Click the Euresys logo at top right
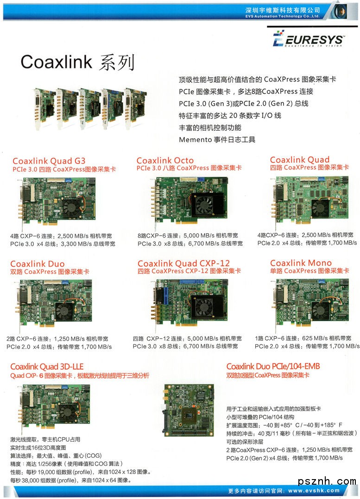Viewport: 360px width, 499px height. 308,38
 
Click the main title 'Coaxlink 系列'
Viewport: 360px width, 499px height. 78,62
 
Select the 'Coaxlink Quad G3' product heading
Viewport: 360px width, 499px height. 49,161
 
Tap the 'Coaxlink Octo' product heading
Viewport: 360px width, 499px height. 165,160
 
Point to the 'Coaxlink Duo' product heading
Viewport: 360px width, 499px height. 38,263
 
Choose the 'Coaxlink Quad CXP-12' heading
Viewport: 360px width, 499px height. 183,263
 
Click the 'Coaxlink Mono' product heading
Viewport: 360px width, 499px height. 301,263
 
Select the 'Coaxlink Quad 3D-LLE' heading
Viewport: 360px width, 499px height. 47,366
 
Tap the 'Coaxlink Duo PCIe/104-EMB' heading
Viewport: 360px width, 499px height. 273,366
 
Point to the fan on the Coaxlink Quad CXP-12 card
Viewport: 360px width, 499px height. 203,306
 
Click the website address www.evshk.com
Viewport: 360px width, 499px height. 314,490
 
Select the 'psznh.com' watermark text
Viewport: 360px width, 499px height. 327,481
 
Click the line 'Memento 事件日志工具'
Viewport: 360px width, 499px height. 217,139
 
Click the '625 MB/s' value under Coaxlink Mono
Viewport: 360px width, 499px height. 312,338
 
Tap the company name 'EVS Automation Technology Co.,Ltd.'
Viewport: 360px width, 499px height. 282,16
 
